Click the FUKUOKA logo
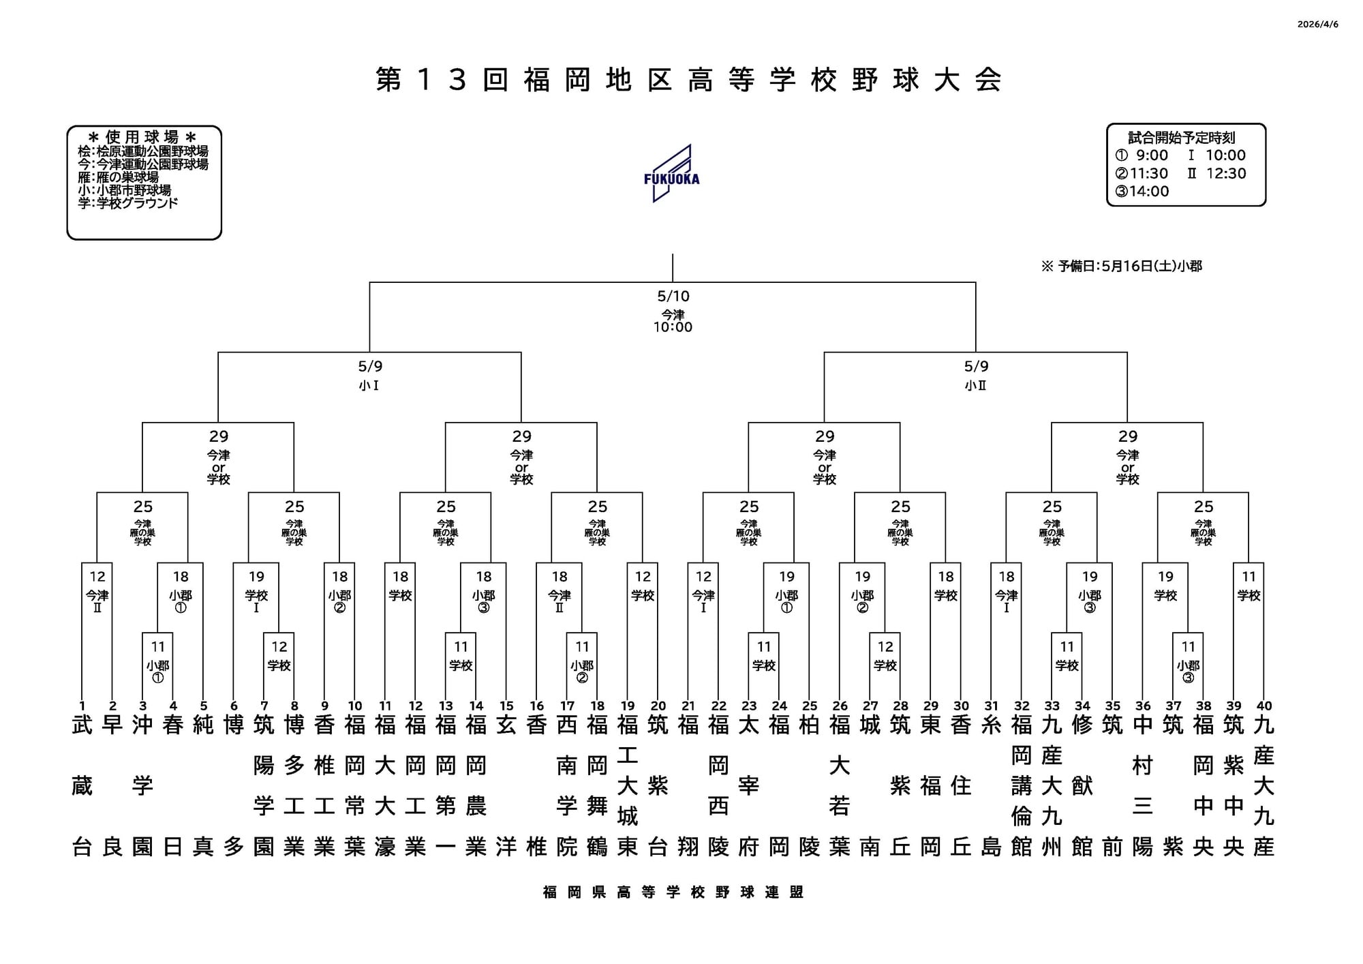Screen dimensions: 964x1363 [x=671, y=173]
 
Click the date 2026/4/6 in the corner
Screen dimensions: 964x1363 [x=1317, y=25]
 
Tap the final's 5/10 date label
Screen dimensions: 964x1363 [x=673, y=296]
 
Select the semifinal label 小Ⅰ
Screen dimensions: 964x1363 [x=369, y=386]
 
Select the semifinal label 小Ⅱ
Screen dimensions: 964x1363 [x=976, y=386]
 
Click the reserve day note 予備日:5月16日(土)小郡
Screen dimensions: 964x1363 [x=1122, y=267]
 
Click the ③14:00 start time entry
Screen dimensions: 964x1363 [x=1142, y=192]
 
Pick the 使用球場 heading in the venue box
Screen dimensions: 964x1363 [x=143, y=137]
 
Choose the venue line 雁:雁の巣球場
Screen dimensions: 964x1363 [x=119, y=177]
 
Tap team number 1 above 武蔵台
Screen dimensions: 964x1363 [x=82, y=706]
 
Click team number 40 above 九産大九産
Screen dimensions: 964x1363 [x=1264, y=706]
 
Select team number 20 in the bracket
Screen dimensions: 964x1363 [x=658, y=706]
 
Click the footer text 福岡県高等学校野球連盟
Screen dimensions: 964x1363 [x=673, y=892]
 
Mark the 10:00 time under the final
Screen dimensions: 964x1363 [x=673, y=327]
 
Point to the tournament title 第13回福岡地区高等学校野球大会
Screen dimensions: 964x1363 [x=688, y=80]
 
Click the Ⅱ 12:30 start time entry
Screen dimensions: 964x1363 [x=1216, y=174]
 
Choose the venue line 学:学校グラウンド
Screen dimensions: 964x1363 [x=128, y=203]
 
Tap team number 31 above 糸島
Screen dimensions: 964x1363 [x=992, y=706]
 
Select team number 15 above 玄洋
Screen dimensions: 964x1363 [x=506, y=706]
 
